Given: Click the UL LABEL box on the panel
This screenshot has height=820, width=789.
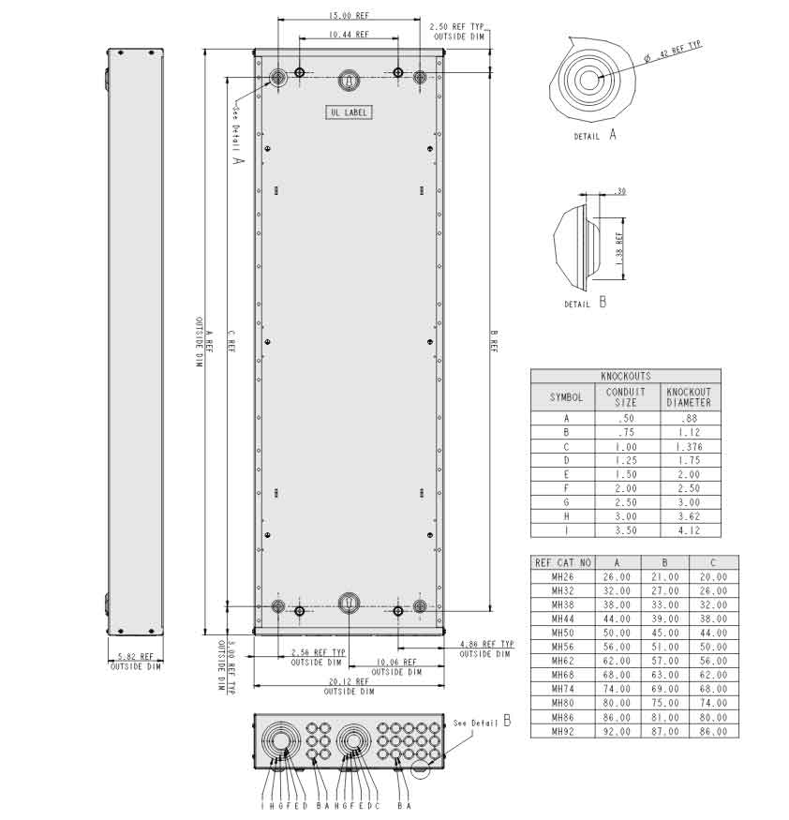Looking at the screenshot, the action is (x=349, y=112).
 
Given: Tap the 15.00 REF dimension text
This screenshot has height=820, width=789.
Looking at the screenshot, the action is (x=349, y=15).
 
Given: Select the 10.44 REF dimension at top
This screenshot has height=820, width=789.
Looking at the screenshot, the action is (x=349, y=34).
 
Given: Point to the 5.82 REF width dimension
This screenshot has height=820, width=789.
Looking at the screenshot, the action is (x=136, y=656).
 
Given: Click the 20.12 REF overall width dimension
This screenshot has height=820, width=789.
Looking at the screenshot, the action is (x=349, y=681).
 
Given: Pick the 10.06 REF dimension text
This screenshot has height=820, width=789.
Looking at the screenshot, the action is (x=396, y=662).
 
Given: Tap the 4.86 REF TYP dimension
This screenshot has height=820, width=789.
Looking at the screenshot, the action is (x=486, y=644).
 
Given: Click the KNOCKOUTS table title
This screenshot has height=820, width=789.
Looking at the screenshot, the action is (x=625, y=376).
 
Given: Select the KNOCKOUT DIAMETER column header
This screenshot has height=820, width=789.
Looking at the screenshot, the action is (x=689, y=397).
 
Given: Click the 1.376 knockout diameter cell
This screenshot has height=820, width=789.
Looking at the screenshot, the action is (x=689, y=447).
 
